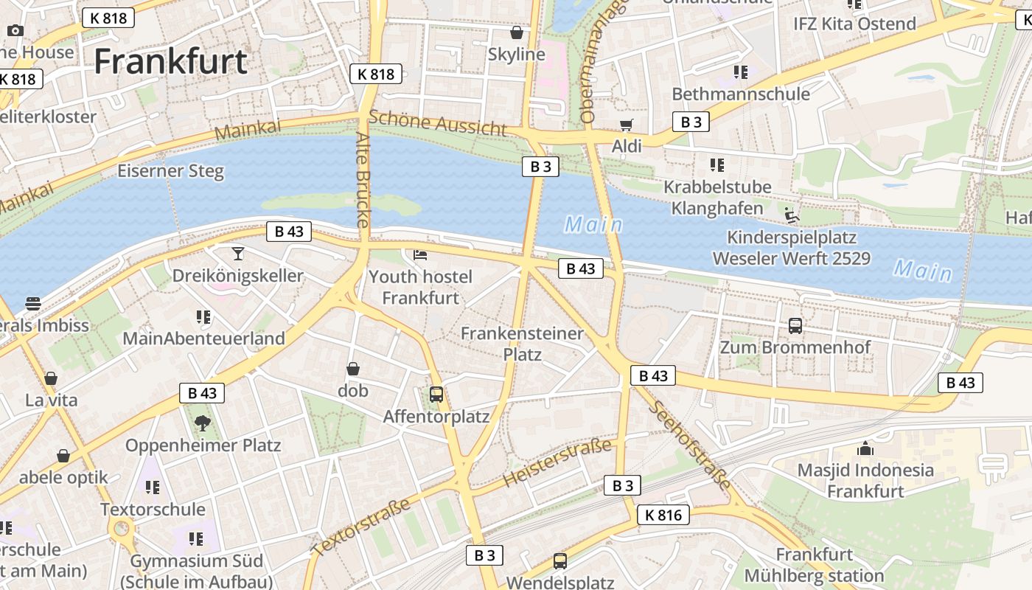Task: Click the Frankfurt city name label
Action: pos(170,61)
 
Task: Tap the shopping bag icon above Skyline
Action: pos(517,32)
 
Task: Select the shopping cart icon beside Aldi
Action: pos(627,125)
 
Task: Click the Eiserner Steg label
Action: pos(170,171)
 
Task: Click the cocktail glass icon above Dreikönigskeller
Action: pos(237,254)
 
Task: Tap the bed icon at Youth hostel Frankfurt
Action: pos(420,255)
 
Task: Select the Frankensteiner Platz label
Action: pos(522,344)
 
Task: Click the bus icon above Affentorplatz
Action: pos(436,395)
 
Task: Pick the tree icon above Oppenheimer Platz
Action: pos(202,423)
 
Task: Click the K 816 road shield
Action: pos(663,515)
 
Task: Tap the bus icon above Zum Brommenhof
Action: pos(795,325)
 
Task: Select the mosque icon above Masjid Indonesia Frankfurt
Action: pos(865,448)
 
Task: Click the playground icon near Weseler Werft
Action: pos(792,215)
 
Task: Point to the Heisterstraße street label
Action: pos(557,462)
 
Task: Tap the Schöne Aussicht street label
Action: pos(437,122)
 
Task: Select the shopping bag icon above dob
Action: pos(353,369)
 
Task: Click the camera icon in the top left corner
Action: pos(15,30)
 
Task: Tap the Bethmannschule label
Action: pos(740,94)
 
